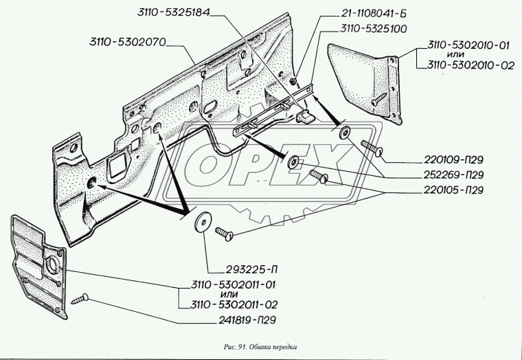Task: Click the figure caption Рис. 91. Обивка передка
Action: (261, 346)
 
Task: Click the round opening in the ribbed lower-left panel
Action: (50, 265)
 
